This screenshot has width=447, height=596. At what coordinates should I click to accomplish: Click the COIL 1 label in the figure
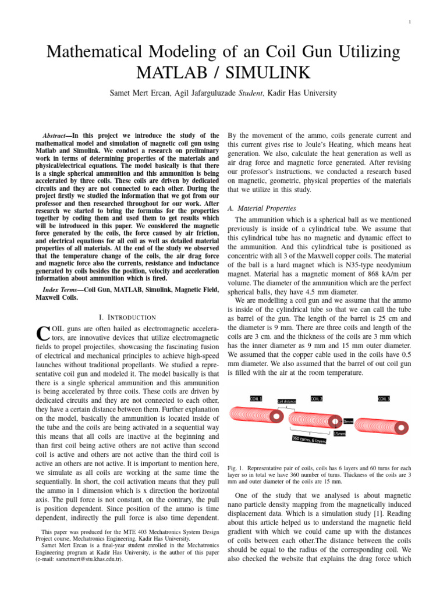256,399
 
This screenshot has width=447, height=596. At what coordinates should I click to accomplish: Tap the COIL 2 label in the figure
317,399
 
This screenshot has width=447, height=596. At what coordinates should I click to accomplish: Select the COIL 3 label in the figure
384,399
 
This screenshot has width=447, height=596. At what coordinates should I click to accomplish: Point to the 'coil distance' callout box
287,401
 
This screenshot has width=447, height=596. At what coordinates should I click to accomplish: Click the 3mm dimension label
348,421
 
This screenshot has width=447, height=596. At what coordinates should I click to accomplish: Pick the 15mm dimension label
339,434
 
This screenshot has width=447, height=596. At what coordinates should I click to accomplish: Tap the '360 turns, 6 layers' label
308,439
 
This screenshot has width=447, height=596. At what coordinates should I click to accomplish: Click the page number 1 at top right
410,23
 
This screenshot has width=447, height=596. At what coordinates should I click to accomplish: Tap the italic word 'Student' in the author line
252,93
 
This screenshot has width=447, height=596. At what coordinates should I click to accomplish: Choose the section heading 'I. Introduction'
127,317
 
